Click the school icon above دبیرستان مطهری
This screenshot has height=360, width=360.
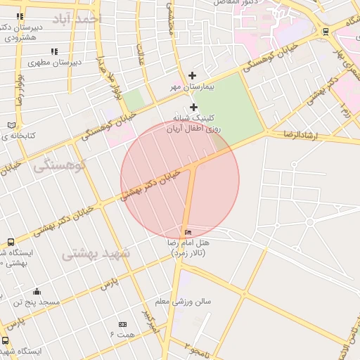54,51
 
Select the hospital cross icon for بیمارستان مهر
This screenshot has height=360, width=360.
193,75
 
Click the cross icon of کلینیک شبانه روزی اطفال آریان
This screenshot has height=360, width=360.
194,107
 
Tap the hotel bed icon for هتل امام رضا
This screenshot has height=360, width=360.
187,232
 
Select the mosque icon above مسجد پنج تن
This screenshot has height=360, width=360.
37,291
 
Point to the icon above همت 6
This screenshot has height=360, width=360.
122,324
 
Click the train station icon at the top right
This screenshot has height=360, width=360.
325,31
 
